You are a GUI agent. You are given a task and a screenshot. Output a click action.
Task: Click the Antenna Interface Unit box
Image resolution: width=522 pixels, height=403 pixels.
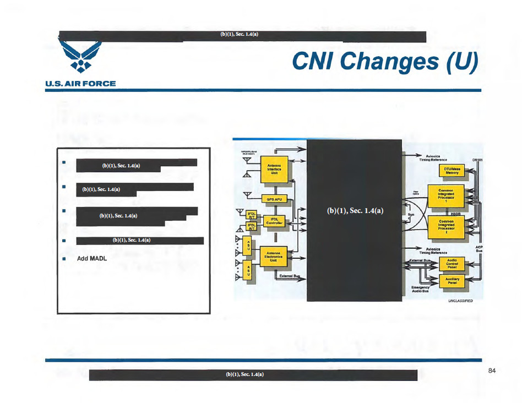pos(274,168)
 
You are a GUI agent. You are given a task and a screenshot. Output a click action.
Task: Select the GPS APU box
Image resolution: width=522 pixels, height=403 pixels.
pos(274,199)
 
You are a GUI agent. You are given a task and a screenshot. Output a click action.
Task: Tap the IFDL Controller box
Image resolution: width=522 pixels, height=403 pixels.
pos(274,221)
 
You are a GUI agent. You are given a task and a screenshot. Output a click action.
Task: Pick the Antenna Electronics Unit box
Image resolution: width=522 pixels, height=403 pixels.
pos(274,258)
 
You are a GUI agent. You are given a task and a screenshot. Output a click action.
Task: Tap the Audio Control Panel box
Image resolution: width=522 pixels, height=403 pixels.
pos(452,263)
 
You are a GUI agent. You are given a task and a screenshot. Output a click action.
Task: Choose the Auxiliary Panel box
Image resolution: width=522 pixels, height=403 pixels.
pos(452,281)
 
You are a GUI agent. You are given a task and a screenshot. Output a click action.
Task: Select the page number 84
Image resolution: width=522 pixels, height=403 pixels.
pos(492,371)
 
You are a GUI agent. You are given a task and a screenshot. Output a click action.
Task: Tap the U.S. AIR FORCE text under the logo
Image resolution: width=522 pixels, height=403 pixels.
pos(80,84)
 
